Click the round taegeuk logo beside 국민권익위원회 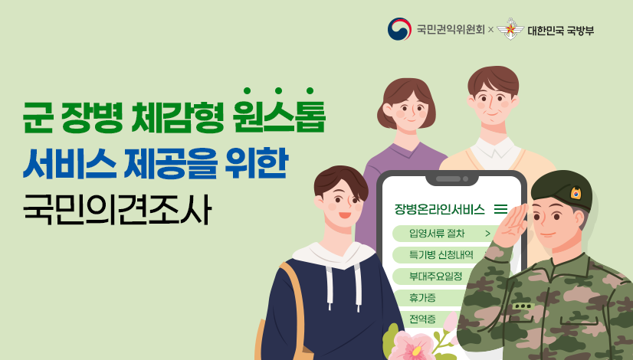pos(398,30)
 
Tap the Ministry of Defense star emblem pos(510,30)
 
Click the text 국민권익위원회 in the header pos(450,31)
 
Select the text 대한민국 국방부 pos(560,31)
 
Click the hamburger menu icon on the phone pos(501,208)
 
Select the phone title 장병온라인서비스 pos(439,208)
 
